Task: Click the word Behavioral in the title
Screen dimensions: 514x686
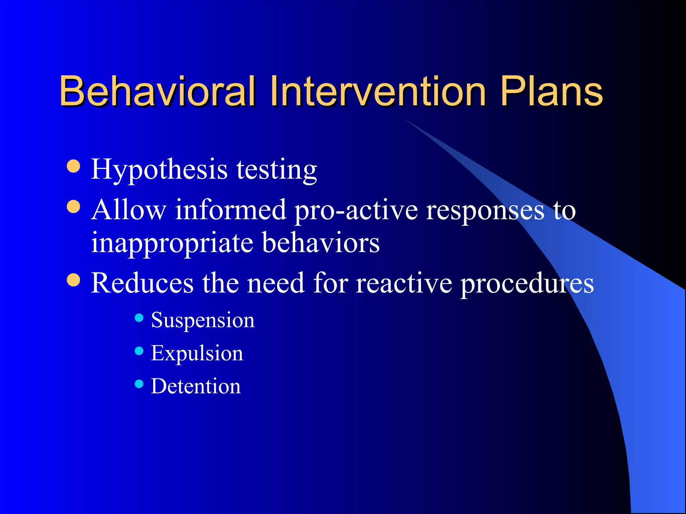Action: [x=157, y=91]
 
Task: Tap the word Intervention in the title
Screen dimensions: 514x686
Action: [x=378, y=91]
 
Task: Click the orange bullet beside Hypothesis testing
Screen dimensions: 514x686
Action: [x=73, y=166]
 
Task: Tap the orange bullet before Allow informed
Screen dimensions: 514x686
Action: [x=73, y=207]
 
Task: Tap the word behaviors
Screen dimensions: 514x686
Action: [x=321, y=242]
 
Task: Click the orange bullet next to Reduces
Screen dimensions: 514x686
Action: [x=73, y=280]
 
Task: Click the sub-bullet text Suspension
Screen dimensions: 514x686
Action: [x=203, y=320]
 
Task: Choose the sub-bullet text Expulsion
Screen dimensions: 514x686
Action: [x=197, y=353]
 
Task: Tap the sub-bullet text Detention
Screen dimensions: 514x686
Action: [x=196, y=386]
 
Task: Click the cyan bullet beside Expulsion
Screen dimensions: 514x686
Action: [x=139, y=351]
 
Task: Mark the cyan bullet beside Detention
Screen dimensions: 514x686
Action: [x=139, y=383]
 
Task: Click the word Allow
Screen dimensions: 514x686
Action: [x=129, y=210]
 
